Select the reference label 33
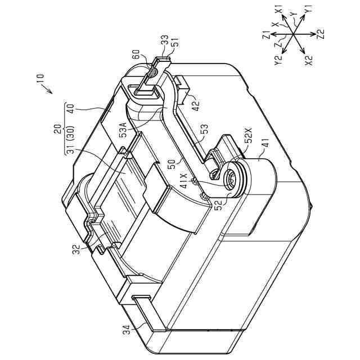(x=164, y=43)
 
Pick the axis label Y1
(x=309, y=12)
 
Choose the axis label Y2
(x=277, y=60)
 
